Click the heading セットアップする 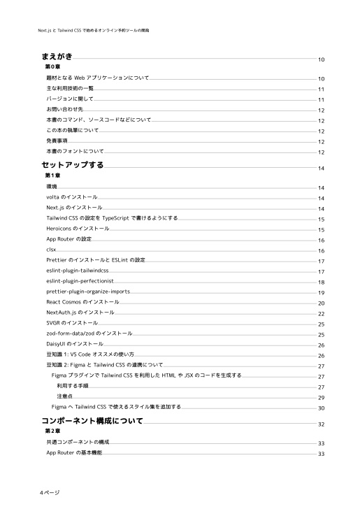[73, 165]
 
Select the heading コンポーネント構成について [92, 422]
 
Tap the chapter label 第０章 [52, 66]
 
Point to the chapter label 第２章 [52, 432]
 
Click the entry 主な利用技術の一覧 [70, 89]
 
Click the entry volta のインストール [72, 198]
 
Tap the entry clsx [51, 249]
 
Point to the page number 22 [321, 315]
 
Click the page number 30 [321, 408]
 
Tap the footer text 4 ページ [50, 492]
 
